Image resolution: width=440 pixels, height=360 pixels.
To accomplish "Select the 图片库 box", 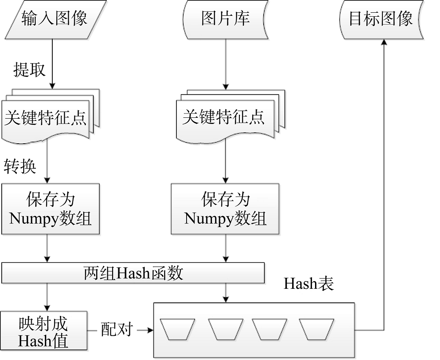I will (225, 19).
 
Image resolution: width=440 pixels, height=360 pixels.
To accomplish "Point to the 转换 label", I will (20, 166).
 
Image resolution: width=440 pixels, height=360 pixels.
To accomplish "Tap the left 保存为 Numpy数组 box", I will (50, 209).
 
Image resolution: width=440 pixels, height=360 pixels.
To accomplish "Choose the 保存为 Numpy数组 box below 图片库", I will (225, 209).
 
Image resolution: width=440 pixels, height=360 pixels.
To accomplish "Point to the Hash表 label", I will (308, 284).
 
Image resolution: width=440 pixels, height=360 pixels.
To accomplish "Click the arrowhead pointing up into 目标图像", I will (384, 41).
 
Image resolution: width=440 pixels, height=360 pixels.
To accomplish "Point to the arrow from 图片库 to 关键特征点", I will (226, 64).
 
